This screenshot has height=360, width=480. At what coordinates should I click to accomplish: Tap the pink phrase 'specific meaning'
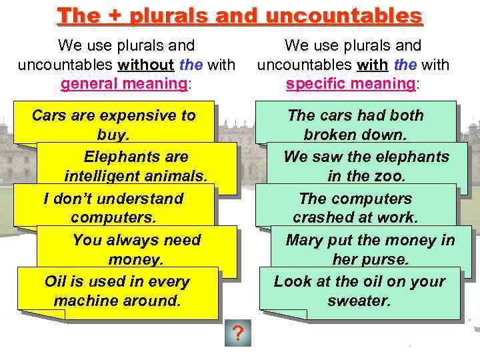350,84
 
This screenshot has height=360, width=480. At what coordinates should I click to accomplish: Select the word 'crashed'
319,218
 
